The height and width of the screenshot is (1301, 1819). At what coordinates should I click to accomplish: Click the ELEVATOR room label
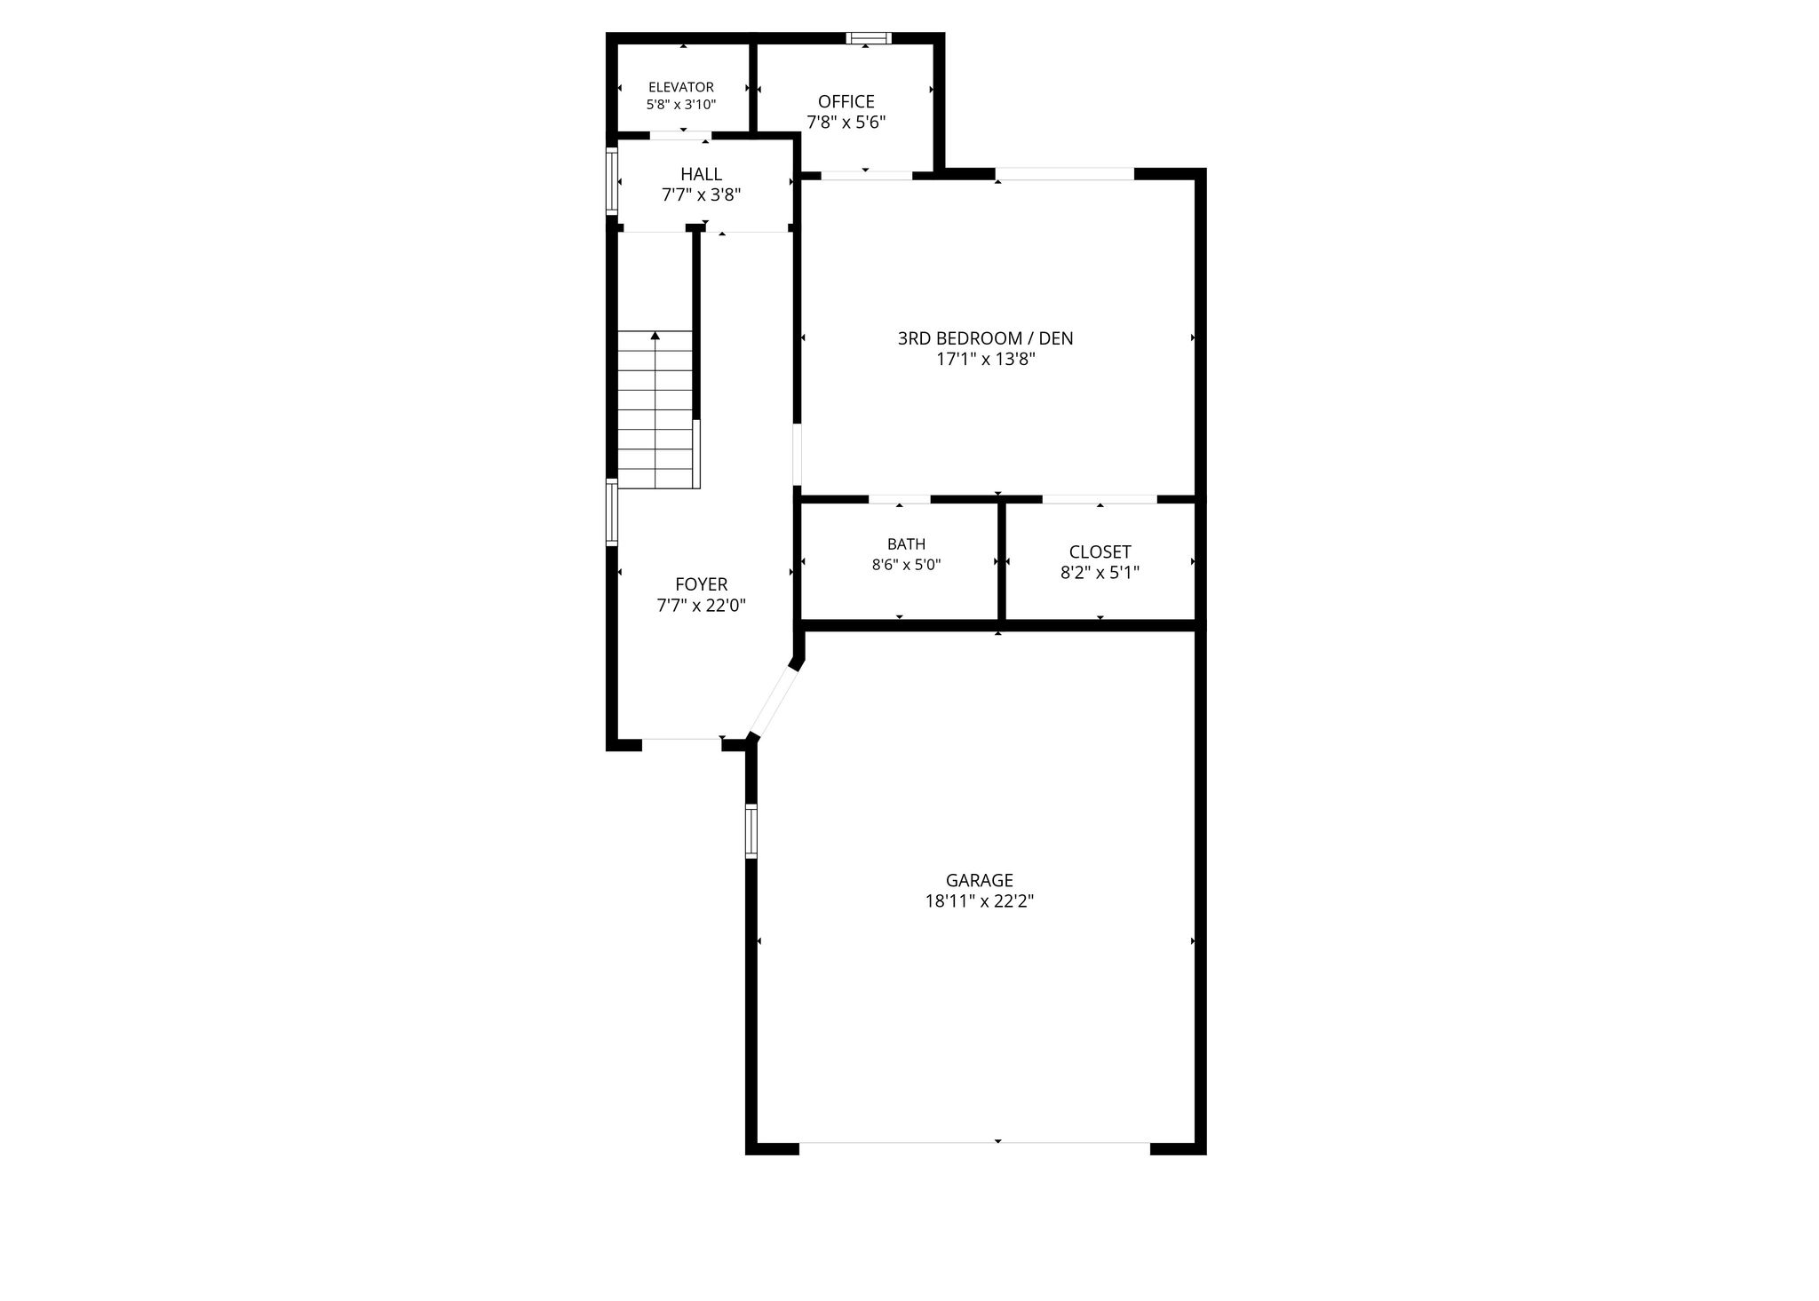pos(681,87)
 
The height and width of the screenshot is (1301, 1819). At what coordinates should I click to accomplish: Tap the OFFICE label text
pos(846,102)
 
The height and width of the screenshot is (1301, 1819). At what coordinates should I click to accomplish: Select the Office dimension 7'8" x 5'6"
pos(846,123)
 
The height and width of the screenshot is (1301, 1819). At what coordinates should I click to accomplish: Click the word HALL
pos(702,174)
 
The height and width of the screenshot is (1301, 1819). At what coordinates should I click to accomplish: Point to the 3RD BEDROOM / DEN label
pos(985,338)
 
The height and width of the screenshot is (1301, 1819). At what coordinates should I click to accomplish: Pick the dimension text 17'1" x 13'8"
pos(986,360)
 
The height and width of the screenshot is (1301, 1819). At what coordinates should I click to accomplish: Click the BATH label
pos(906,544)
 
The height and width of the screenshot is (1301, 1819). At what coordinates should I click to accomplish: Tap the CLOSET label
pos(1100,552)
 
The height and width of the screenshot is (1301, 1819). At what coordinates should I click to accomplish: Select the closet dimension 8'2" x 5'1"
pos(1100,573)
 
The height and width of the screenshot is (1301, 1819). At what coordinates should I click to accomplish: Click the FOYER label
pos(701,584)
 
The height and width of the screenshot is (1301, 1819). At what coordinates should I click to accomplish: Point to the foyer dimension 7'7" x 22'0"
pos(701,606)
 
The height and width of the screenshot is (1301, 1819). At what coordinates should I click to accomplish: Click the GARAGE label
pos(980,880)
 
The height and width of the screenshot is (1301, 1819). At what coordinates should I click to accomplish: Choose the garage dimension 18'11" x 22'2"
pos(980,901)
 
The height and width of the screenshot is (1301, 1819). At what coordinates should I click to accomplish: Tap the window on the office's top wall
pos(869,38)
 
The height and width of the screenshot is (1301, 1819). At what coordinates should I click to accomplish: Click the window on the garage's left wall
pos(751,831)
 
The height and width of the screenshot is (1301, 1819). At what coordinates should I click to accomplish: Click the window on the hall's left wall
pos(612,180)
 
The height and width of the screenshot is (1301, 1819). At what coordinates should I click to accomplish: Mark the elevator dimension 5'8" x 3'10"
pos(681,104)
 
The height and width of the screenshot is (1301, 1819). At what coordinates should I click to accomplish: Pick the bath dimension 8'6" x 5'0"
pos(906,564)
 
